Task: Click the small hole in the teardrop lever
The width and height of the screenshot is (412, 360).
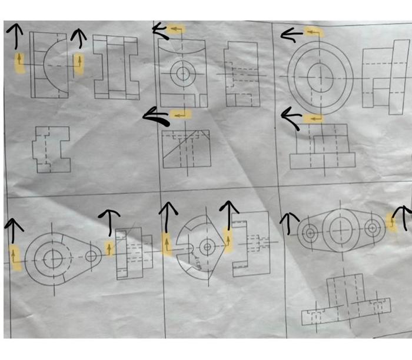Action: pyautogui.click(x=91, y=256)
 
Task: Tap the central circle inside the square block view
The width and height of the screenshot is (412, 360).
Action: pyautogui.click(x=183, y=74)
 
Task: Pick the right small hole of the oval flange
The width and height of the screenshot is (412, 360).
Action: pyautogui.click(x=371, y=228)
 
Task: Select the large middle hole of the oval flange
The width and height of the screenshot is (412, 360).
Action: pyautogui.click(x=340, y=229)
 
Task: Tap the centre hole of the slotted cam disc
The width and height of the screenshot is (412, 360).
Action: pyautogui.click(x=207, y=247)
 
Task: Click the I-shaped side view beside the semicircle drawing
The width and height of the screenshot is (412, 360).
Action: pyautogui.click(x=115, y=67)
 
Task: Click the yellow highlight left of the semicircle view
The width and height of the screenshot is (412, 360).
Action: pyautogui.click(x=20, y=61)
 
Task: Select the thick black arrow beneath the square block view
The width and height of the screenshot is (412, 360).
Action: pyautogui.click(x=157, y=117)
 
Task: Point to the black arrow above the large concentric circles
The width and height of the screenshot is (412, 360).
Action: pyautogui.click(x=293, y=35)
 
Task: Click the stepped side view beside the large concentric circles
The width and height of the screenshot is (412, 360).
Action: pyautogui.click(x=384, y=76)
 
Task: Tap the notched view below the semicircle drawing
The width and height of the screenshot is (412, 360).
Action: pyautogui.click(x=51, y=149)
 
